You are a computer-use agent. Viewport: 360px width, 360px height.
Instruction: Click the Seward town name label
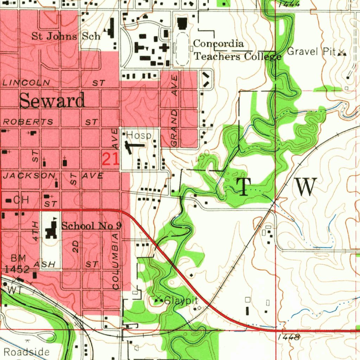pyautogui.click(x=52, y=101)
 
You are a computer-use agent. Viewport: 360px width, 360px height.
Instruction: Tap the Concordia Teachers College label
pyautogui.click(x=238, y=50)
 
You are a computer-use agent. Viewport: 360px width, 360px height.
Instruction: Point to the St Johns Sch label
pyautogui.click(x=66, y=36)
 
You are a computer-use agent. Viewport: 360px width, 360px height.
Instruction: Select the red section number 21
pyautogui.click(x=110, y=160)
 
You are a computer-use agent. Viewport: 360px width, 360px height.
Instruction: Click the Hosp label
pyautogui.click(x=139, y=135)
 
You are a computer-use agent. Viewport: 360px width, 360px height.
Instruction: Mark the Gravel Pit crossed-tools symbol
pyautogui.click(x=342, y=53)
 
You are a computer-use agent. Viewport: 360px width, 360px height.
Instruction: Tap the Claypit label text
pyautogui.click(x=181, y=301)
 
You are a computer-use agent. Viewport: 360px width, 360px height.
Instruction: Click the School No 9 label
pyautogui.click(x=91, y=226)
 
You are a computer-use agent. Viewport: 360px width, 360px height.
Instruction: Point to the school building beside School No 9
pyautogui.click(x=52, y=230)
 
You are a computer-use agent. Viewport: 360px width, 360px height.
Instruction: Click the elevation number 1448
pyautogui.click(x=288, y=337)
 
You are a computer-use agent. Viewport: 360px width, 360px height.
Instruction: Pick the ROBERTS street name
pyautogui.click(x=28, y=122)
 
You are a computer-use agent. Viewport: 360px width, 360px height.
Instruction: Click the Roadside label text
pyautogui.click(x=27, y=352)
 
